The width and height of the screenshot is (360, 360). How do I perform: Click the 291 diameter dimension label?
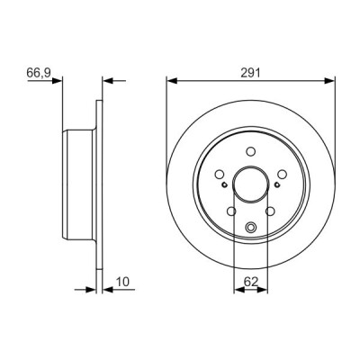tap(250, 73)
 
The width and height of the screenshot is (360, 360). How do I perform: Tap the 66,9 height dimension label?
tap(39, 73)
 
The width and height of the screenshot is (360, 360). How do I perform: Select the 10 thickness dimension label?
tap(122, 282)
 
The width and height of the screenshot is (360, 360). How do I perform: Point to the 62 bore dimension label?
tap(251, 282)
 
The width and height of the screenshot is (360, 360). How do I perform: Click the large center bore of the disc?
tap(250, 184)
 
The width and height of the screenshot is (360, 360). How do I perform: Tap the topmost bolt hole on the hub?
tap(250, 151)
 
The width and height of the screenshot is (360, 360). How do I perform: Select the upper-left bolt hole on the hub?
tap(220, 174)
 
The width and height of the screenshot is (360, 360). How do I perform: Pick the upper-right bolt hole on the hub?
tap(282, 174)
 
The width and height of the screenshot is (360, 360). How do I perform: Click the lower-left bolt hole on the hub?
tap(231, 211)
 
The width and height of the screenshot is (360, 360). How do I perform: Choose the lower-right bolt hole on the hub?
tap(270, 211)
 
